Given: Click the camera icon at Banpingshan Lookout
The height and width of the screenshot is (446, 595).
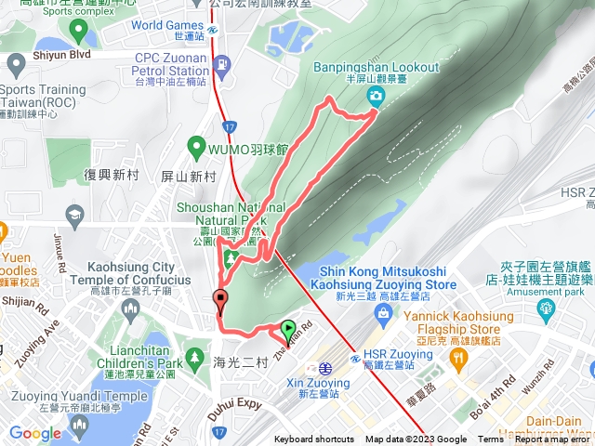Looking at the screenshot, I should (374, 96).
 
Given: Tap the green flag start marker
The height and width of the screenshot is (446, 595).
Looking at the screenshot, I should (288, 328).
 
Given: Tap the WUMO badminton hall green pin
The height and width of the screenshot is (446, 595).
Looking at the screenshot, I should (195, 145).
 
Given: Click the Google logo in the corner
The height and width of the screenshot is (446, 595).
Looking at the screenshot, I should (34, 433).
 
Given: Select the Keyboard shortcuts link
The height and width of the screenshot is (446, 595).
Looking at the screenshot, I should (314, 439).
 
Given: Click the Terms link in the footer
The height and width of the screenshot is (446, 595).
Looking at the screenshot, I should (490, 439).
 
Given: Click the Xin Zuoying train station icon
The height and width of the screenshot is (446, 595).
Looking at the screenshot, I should (324, 367).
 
